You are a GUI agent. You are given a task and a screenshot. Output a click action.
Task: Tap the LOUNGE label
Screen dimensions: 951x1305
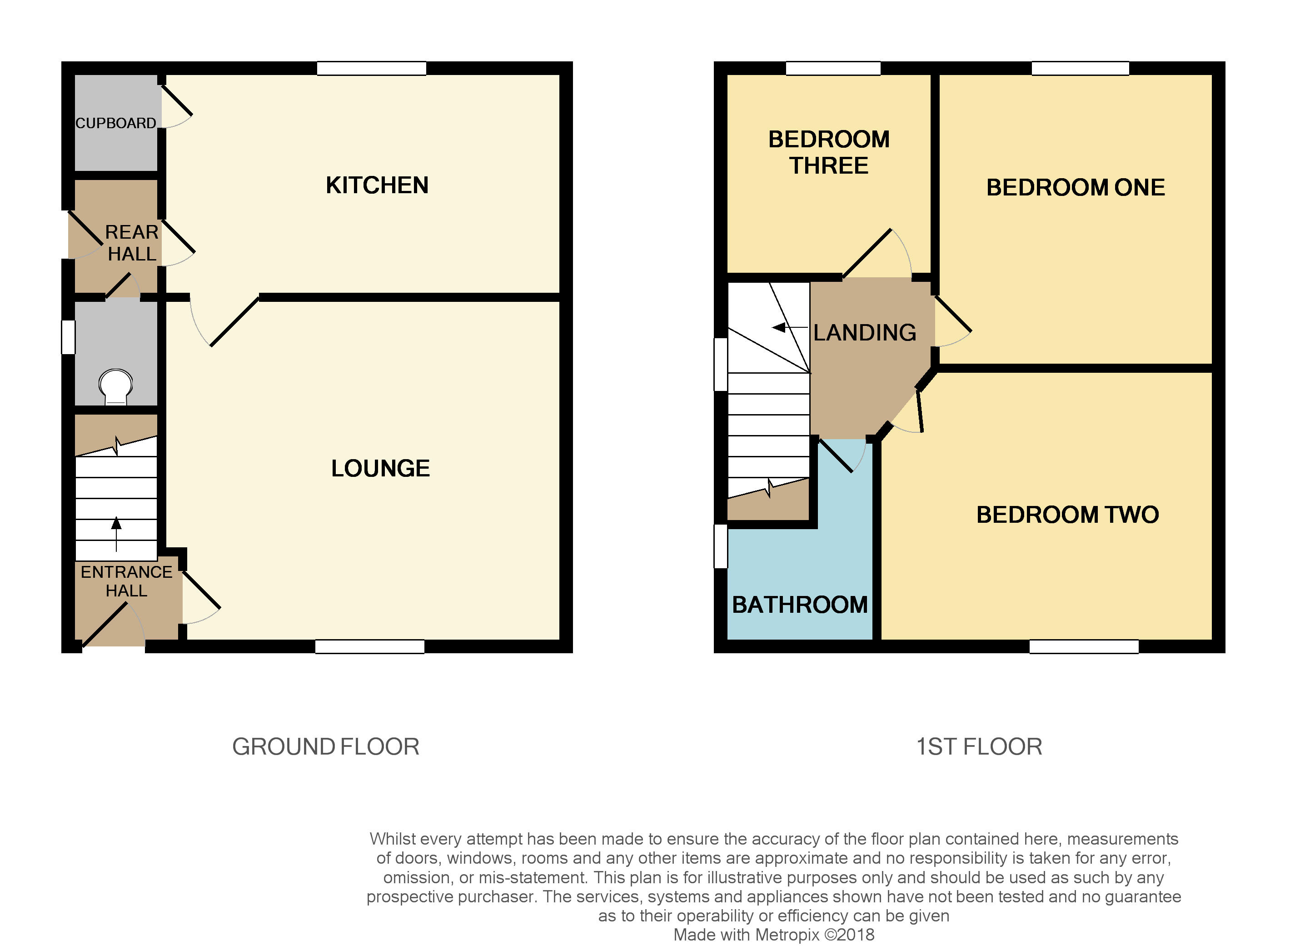(x=380, y=468)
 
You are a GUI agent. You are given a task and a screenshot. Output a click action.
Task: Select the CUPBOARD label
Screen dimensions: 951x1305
(x=116, y=123)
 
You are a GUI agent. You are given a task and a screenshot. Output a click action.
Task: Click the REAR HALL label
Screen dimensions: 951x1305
(x=132, y=243)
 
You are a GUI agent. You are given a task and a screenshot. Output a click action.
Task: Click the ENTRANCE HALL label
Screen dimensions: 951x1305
(x=127, y=581)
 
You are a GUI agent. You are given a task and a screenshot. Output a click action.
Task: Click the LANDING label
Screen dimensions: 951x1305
(x=864, y=333)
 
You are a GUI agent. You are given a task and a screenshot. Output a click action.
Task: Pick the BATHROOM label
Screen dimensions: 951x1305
(x=800, y=605)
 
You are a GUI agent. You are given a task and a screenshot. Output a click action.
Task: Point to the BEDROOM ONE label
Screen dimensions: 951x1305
(x=1076, y=188)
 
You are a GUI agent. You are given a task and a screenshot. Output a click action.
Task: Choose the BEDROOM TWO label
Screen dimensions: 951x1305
(x=1067, y=515)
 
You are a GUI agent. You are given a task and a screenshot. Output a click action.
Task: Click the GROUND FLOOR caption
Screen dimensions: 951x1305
(x=326, y=746)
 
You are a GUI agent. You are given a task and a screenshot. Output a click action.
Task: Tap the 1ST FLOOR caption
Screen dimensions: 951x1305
(x=979, y=746)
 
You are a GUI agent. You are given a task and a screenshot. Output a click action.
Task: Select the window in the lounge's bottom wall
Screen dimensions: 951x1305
(x=370, y=646)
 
